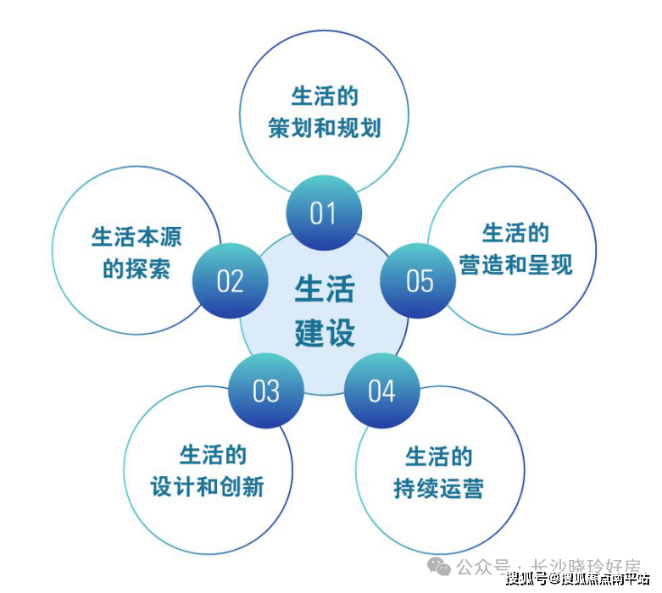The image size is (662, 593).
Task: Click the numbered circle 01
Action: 323,213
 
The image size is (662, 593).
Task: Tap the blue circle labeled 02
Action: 230,280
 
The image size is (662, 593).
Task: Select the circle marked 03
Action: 265,391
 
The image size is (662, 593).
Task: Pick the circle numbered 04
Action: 381,391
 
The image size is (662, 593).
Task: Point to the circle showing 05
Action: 419,280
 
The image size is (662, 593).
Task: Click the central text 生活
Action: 324,289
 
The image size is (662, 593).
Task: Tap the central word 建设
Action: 324,331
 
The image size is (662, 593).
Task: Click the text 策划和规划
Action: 324,128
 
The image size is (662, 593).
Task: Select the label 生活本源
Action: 136,236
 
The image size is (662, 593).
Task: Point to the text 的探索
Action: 136,269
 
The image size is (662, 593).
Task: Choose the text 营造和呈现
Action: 515,264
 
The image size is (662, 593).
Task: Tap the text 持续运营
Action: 438,489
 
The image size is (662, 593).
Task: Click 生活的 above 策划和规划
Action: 324,95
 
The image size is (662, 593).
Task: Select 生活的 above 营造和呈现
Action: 515,232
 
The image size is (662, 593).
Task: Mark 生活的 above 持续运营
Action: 438,457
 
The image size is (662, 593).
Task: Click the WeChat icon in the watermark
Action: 440,565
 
